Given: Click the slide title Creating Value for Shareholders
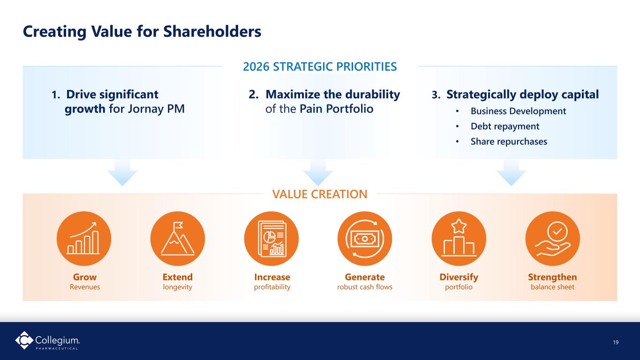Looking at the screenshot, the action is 142,31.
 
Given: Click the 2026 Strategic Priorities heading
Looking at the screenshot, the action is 320,67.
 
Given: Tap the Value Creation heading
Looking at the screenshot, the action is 320,194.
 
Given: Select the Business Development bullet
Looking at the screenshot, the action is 518,111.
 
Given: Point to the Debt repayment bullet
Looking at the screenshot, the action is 505,126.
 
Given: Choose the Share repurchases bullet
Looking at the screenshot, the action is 509,142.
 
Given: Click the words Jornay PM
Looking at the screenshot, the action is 156,109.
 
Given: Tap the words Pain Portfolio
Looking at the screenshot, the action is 336,109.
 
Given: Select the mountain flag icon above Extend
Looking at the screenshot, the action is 177,238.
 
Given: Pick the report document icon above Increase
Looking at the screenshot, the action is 271,238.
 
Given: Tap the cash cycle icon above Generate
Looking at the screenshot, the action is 365,238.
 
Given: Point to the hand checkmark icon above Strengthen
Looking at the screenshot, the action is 553,238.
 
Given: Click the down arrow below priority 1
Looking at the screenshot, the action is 122,173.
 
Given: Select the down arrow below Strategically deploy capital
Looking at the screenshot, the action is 511,173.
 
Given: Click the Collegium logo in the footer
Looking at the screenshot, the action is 47,340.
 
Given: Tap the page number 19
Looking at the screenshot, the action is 616,342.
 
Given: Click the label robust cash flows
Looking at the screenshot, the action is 365,287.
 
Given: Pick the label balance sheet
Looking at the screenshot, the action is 553,287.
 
